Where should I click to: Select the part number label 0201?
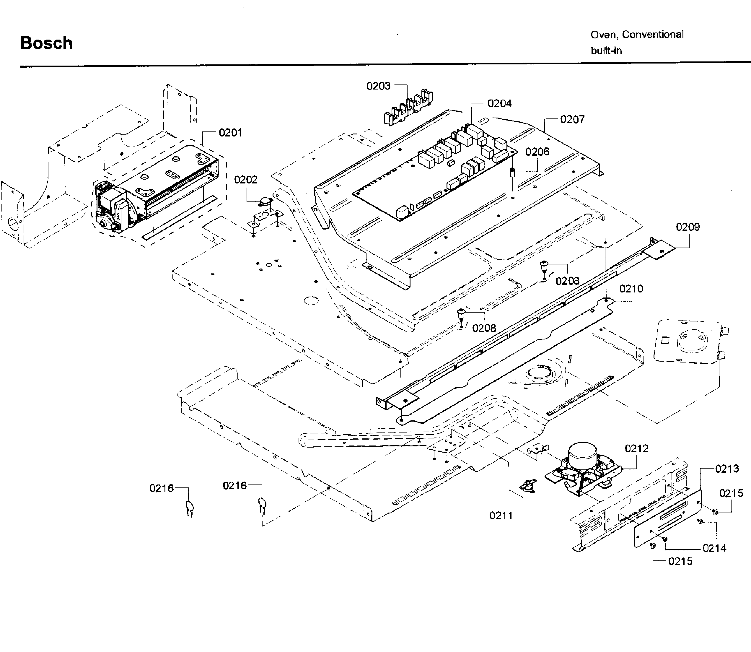tap(230, 133)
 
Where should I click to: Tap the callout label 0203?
tap(378, 86)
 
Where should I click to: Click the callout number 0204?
tap(499, 104)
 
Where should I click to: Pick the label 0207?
tap(572, 120)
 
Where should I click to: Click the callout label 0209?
tap(687, 227)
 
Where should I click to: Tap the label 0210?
tap(631, 289)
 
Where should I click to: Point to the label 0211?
tap(501, 516)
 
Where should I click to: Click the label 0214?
tap(714, 548)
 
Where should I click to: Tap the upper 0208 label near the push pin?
tap(567, 281)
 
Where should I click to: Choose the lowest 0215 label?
tap(680, 561)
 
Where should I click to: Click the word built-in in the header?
tap(606, 51)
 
